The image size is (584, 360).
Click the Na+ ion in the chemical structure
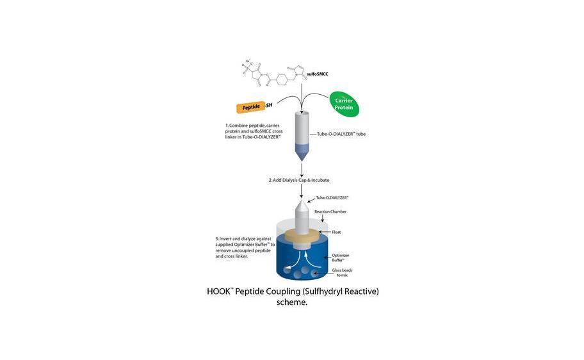(247, 61)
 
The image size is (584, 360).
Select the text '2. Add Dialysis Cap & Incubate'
(298, 180)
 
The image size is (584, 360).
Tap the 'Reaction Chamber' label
(330, 211)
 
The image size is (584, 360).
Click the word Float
(336, 232)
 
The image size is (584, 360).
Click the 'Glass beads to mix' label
(342, 273)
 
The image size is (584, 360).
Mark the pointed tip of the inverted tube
(300, 200)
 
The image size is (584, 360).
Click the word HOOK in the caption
(218, 291)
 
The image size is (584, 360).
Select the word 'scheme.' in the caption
(292, 303)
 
